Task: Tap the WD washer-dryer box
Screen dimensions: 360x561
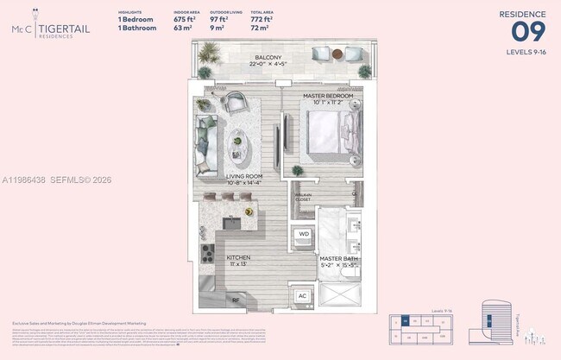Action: [x=304, y=234]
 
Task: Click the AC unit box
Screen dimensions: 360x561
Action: [x=303, y=295]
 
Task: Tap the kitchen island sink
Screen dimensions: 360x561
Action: [x=232, y=224]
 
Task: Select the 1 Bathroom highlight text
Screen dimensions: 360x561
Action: [x=137, y=28]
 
